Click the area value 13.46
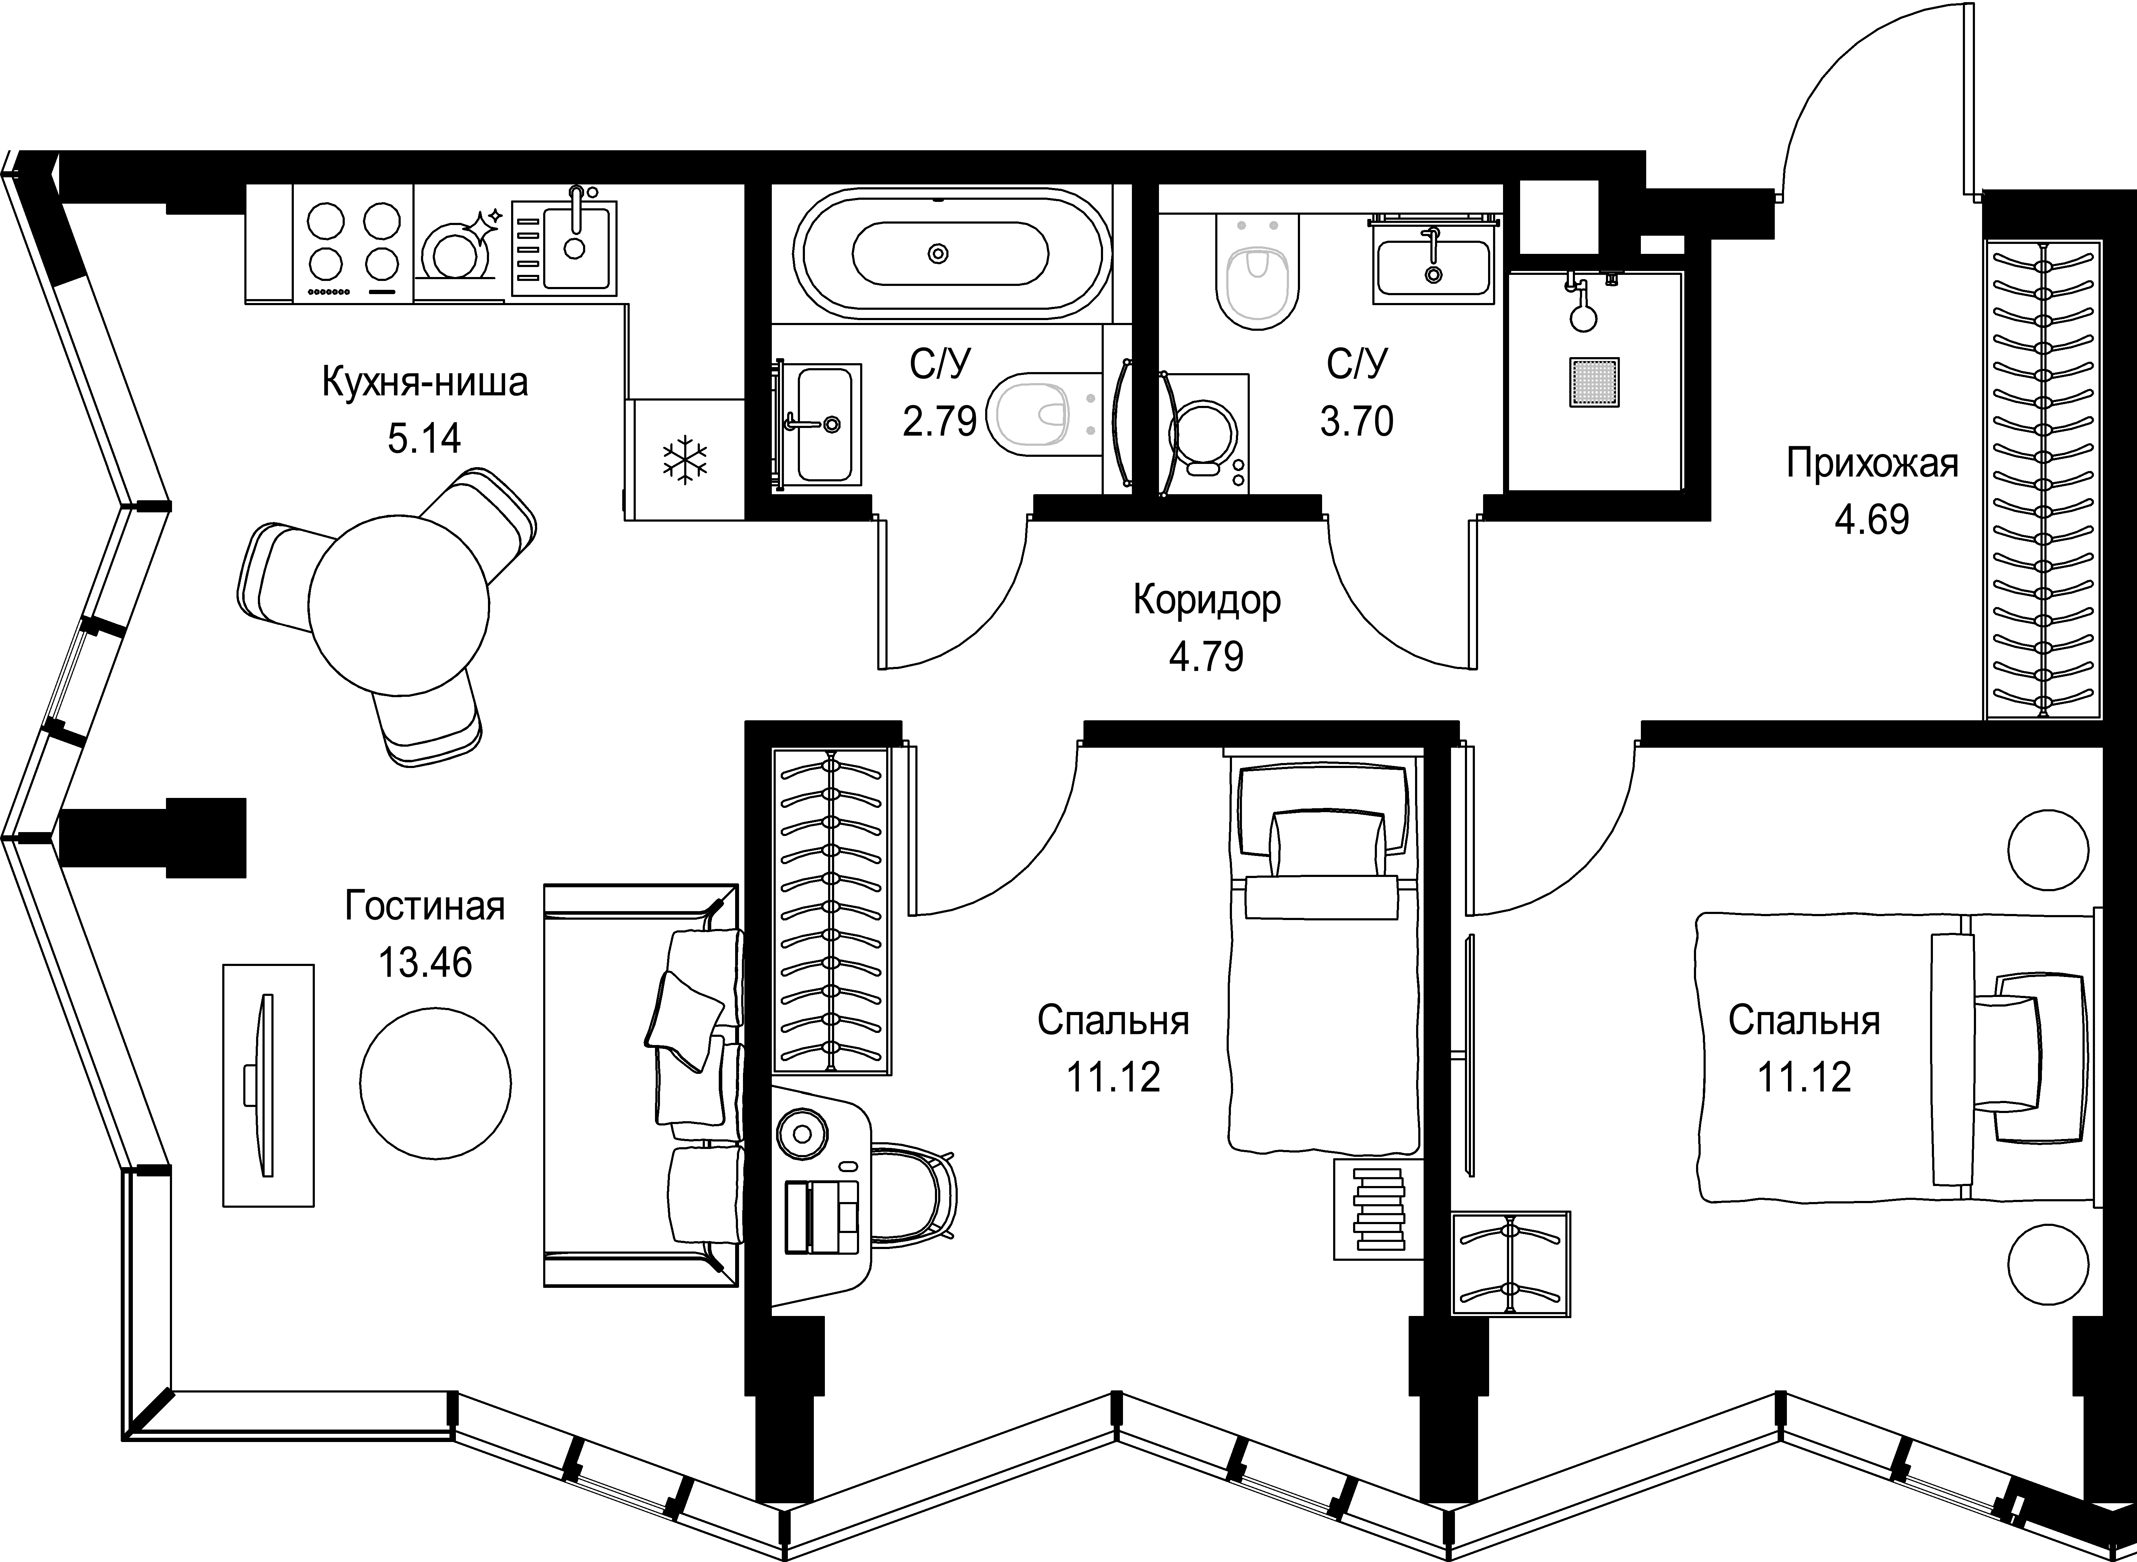[x=425, y=962]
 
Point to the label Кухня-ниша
[x=425, y=383]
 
